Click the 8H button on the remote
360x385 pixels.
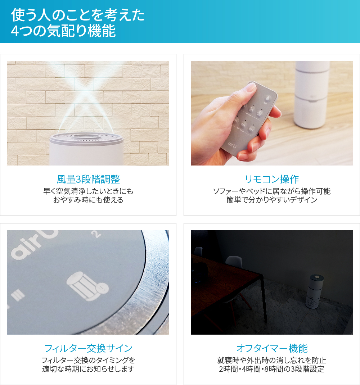tap(251, 129)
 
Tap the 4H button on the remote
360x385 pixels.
tap(243, 124)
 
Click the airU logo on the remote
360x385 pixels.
tap(232, 145)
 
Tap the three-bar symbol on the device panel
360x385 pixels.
tap(18, 295)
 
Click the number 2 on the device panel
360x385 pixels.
tap(98, 234)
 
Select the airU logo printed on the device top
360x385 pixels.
tap(35, 244)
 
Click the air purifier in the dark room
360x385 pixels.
tap(314, 291)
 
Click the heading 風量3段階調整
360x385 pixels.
tap(88, 179)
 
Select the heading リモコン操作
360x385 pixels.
tap(272, 179)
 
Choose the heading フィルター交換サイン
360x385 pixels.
tap(88, 348)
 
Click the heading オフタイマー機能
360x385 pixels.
tap(272, 348)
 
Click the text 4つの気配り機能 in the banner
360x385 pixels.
tap(63, 31)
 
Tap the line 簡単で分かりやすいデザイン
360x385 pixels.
tap(272, 200)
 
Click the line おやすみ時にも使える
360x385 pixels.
tap(88, 200)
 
